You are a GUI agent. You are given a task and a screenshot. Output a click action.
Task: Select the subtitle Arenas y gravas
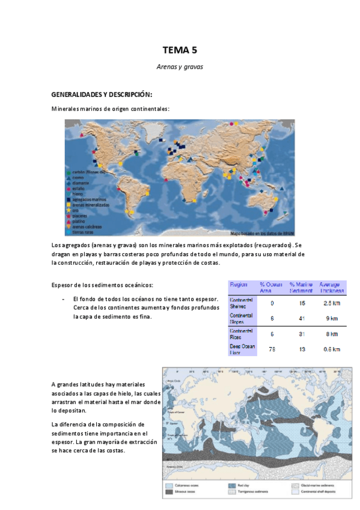click(180, 67)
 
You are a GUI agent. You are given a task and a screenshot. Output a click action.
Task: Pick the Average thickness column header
click(329, 287)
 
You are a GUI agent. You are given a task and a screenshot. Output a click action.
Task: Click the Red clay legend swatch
click(232, 485)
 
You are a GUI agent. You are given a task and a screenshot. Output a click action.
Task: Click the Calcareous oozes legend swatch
click(171, 485)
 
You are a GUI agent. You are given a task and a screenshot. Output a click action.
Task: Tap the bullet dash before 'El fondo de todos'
click(63, 299)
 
